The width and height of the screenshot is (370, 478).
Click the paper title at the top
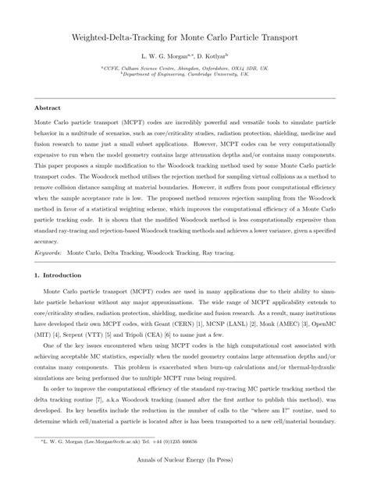185,37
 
